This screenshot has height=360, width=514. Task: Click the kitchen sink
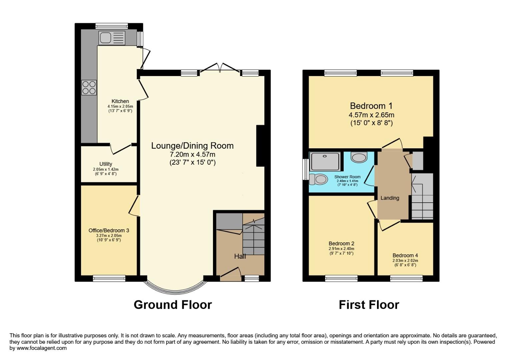112,38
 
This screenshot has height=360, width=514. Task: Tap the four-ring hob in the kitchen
89,88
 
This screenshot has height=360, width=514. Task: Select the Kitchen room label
120,101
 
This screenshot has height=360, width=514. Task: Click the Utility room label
106,164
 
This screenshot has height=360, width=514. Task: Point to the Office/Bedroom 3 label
109,230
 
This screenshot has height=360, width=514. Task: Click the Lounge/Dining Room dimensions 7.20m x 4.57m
192,154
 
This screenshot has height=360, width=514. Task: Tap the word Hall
240,256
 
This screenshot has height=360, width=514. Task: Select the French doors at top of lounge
219,68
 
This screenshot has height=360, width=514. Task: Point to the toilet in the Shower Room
318,179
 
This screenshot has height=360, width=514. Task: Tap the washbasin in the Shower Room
359,157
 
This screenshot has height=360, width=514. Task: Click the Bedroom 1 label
371,106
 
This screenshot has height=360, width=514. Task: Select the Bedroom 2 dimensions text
341,249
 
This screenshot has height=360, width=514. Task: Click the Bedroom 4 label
405,256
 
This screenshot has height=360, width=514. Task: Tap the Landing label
390,198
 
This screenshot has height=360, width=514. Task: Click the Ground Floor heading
173,305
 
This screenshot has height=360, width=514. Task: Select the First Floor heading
369,305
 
